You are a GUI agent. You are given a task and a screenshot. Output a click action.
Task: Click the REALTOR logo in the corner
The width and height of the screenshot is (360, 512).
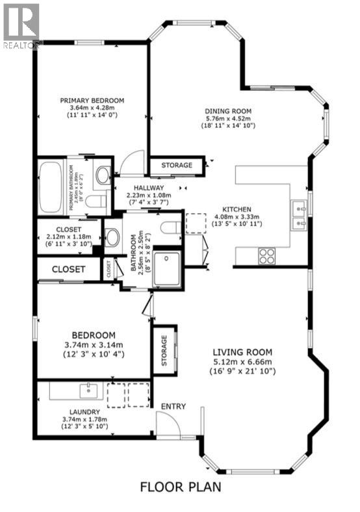click(x=21, y=25)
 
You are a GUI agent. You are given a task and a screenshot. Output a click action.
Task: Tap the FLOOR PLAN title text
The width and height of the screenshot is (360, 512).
click(x=179, y=486)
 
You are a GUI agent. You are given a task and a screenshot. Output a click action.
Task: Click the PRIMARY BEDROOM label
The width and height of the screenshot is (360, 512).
click(x=92, y=100)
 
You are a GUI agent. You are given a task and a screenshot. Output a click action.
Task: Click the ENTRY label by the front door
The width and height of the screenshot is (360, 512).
click(x=174, y=407)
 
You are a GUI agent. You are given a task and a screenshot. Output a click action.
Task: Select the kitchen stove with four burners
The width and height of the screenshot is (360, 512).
click(x=267, y=255)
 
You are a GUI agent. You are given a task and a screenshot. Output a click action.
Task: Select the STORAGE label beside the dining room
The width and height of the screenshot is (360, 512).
click(x=177, y=166)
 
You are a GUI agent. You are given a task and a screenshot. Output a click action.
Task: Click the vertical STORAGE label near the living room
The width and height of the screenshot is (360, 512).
click(x=164, y=350)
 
